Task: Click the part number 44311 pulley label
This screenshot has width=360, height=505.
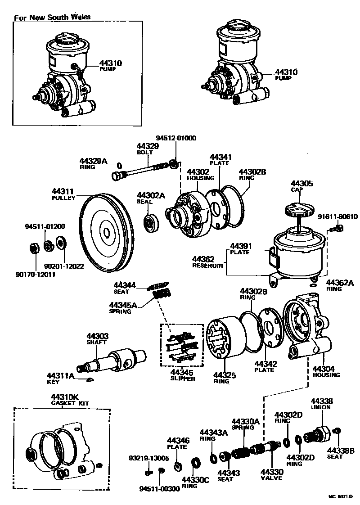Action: (63, 192)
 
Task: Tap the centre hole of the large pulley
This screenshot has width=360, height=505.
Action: (107, 232)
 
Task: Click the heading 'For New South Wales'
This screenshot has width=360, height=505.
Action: (52, 17)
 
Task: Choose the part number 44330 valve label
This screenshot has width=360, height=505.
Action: (271, 472)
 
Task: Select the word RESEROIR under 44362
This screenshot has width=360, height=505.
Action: (207, 266)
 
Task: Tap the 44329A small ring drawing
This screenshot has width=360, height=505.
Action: (119, 164)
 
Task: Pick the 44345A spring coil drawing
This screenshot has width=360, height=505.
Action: (161, 297)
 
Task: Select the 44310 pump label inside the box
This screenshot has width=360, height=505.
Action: (111, 63)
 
